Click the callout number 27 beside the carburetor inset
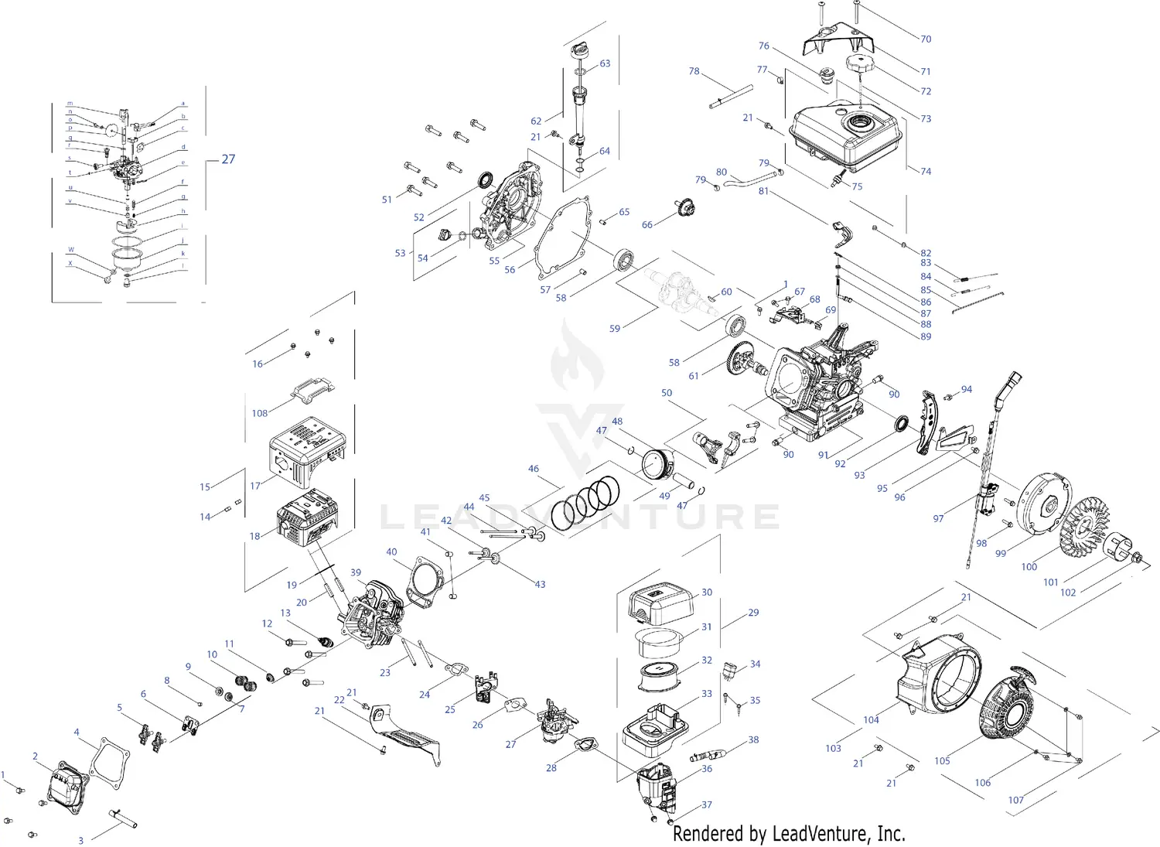tap(228, 159)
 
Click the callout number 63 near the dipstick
tap(605, 63)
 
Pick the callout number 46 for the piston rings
tap(534, 469)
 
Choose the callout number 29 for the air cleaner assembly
tap(753, 613)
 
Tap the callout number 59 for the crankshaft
tap(615, 329)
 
